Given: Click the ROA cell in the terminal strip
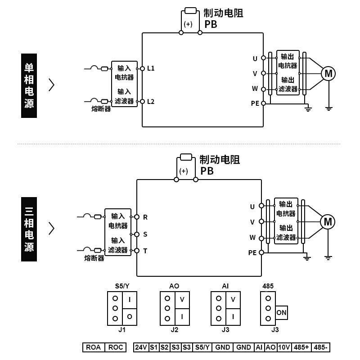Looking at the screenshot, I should pos(94,347).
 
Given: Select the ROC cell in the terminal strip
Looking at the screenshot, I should pos(116,347).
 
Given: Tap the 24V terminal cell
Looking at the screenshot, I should pos(141,347).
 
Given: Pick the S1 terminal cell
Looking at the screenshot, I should pos(154,347).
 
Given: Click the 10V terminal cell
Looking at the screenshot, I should pos(283,347).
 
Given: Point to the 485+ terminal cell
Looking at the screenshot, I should pos(301,347).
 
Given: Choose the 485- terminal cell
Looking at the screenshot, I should pos(321,347).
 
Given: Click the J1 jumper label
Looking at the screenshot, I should pos(121,330).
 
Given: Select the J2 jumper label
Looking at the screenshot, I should pos(175,330).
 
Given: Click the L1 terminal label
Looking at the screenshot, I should pos(151,68).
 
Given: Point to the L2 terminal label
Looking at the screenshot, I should pos(151,102).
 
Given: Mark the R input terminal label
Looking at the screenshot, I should pos(145,217).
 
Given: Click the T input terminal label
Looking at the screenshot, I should pos(145,251).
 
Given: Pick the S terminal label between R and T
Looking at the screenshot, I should pos(145,234).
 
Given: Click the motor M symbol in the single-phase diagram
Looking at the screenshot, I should pos(328,73).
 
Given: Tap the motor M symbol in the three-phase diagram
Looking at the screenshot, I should pos(328,221).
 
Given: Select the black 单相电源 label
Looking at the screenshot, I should pos(29,85).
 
